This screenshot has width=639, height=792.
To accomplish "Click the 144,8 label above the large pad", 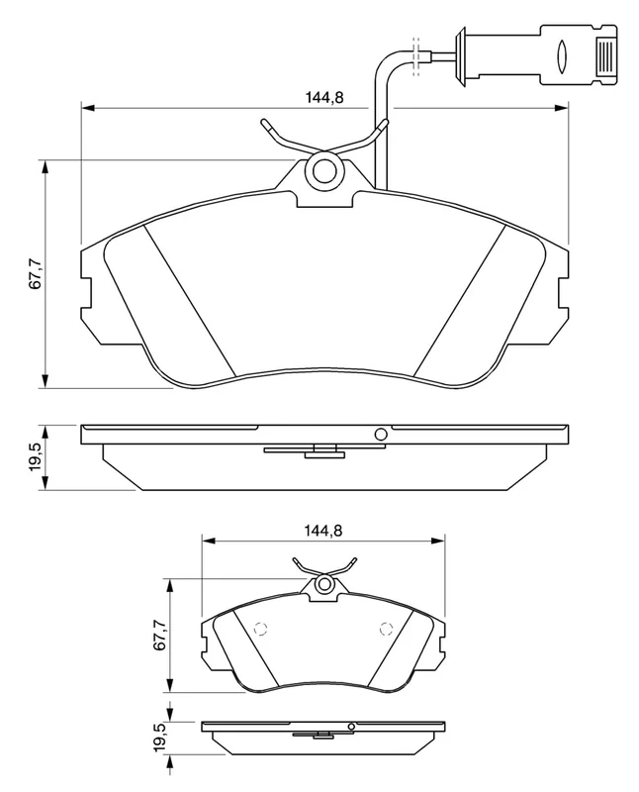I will coord(323,96).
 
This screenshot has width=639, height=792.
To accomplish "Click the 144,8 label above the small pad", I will coord(322,531).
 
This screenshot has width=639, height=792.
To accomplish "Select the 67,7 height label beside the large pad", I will coord(36,273).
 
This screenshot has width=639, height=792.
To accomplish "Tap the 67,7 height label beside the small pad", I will coord(159,635).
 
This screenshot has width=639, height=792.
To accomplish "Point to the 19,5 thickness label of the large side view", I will coord(36,457).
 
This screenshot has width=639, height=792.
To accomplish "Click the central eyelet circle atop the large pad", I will coord(324,172).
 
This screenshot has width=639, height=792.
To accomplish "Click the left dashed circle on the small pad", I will coord(261,627).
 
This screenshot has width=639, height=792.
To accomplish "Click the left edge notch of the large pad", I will coord(85,294).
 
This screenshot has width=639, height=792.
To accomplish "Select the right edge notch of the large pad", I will coord(563,294).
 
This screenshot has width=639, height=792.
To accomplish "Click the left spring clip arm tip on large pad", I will coord(264,125).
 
